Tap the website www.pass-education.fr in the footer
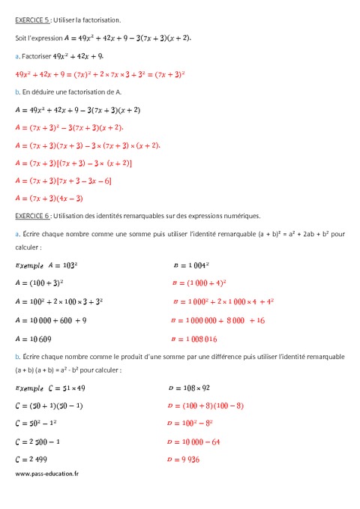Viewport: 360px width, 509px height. tap(46, 474)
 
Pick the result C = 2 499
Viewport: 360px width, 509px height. tap(37, 457)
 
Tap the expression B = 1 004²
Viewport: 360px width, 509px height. tap(191, 265)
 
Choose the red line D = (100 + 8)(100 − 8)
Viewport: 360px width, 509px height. tap(205, 406)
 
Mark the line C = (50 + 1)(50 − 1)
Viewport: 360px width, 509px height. tap(49, 406)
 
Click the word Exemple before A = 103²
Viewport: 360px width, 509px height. tap(29, 265)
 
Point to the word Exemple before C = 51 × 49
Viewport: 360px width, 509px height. tap(29, 388)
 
